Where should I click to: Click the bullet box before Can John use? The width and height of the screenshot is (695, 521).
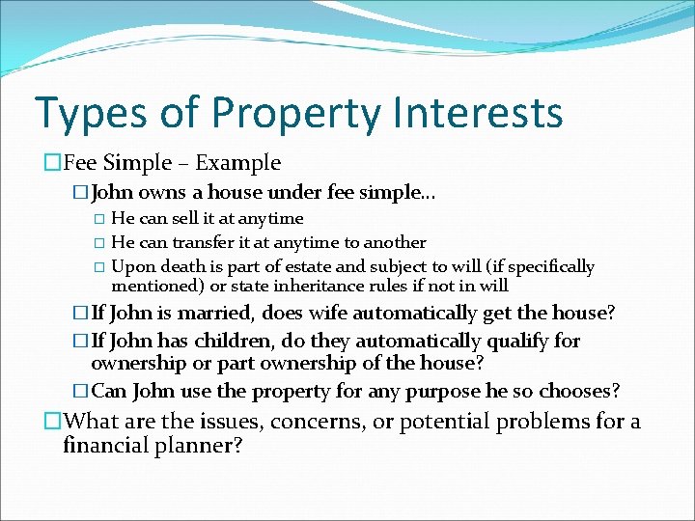click(x=81, y=391)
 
